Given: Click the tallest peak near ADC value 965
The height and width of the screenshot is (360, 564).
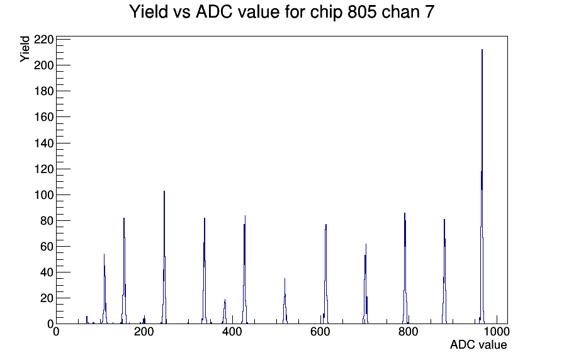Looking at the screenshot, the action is pyautogui.click(x=482, y=187).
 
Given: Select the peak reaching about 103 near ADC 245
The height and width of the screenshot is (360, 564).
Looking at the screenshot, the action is pyautogui.click(x=164, y=257).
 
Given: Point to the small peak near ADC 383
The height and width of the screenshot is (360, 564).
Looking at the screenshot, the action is pyautogui.click(x=225, y=312).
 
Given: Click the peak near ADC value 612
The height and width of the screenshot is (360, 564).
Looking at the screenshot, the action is pyautogui.click(x=325, y=274).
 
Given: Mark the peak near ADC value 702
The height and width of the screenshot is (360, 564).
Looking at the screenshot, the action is pyautogui.click(x=366, y=284).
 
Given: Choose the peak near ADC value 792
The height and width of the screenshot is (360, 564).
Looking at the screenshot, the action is pyautogui.click(x=405, y=268).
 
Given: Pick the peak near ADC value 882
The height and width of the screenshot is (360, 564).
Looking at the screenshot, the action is pyautogui.click(x=444, y=271).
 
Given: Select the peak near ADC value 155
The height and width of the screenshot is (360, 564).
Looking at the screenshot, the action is pyautogui.click(x=124, y=271).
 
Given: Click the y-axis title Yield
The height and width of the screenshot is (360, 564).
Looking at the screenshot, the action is pyautogui.click(x=25, y=49).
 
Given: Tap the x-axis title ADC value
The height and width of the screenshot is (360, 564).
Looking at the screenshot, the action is pyautogui.click(x=478, y=344).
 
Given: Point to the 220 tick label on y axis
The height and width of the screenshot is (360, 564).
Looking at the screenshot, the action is pyautogui.click(x=43, y=39).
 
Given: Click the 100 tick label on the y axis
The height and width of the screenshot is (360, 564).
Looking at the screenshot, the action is pyautogui.click(x=43, y=195).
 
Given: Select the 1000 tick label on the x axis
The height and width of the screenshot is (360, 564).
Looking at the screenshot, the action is pyautogui.click(x=497, y=331).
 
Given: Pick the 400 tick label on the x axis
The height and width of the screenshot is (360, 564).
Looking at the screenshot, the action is pyautogui.click(x=232, y=331).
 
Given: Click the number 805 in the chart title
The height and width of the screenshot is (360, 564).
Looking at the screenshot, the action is pyautogui.click(x=362, y=12).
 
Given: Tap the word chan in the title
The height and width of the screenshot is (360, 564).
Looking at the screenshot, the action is pyautogui.click(x=400, y=12).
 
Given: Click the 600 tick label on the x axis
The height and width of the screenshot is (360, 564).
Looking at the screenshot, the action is pyautogui.click(x=320, y=331).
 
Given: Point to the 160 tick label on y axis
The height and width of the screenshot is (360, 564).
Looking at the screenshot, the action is pyautogui.click(x=43, y=117).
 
